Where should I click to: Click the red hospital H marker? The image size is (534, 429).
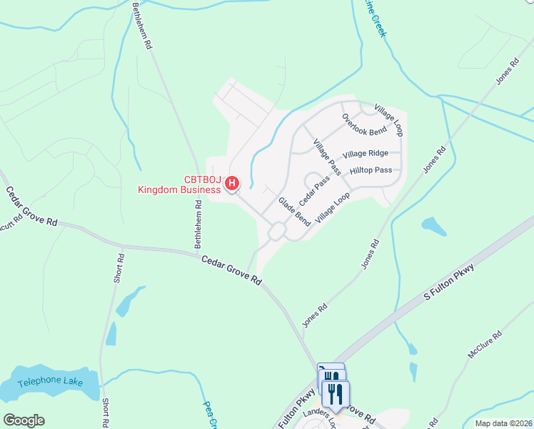tap(232, 184)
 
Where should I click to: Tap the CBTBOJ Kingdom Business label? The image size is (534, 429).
tap(179, 184)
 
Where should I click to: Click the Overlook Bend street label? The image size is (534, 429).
tap(364, 125)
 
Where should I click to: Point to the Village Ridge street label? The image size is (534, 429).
tap(366, 154)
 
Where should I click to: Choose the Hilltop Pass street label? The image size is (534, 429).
tap(371, 171)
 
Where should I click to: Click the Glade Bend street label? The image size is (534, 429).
tap(294, 212)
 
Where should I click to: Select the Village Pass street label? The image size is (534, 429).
tap(326, 158)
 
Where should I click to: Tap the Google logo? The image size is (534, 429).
tap(24, 420)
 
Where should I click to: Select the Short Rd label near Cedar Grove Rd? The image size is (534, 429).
tap(119, 267)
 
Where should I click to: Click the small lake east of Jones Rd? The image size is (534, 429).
tap(434, 227)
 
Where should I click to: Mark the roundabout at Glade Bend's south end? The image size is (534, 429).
tap(277, 232)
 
